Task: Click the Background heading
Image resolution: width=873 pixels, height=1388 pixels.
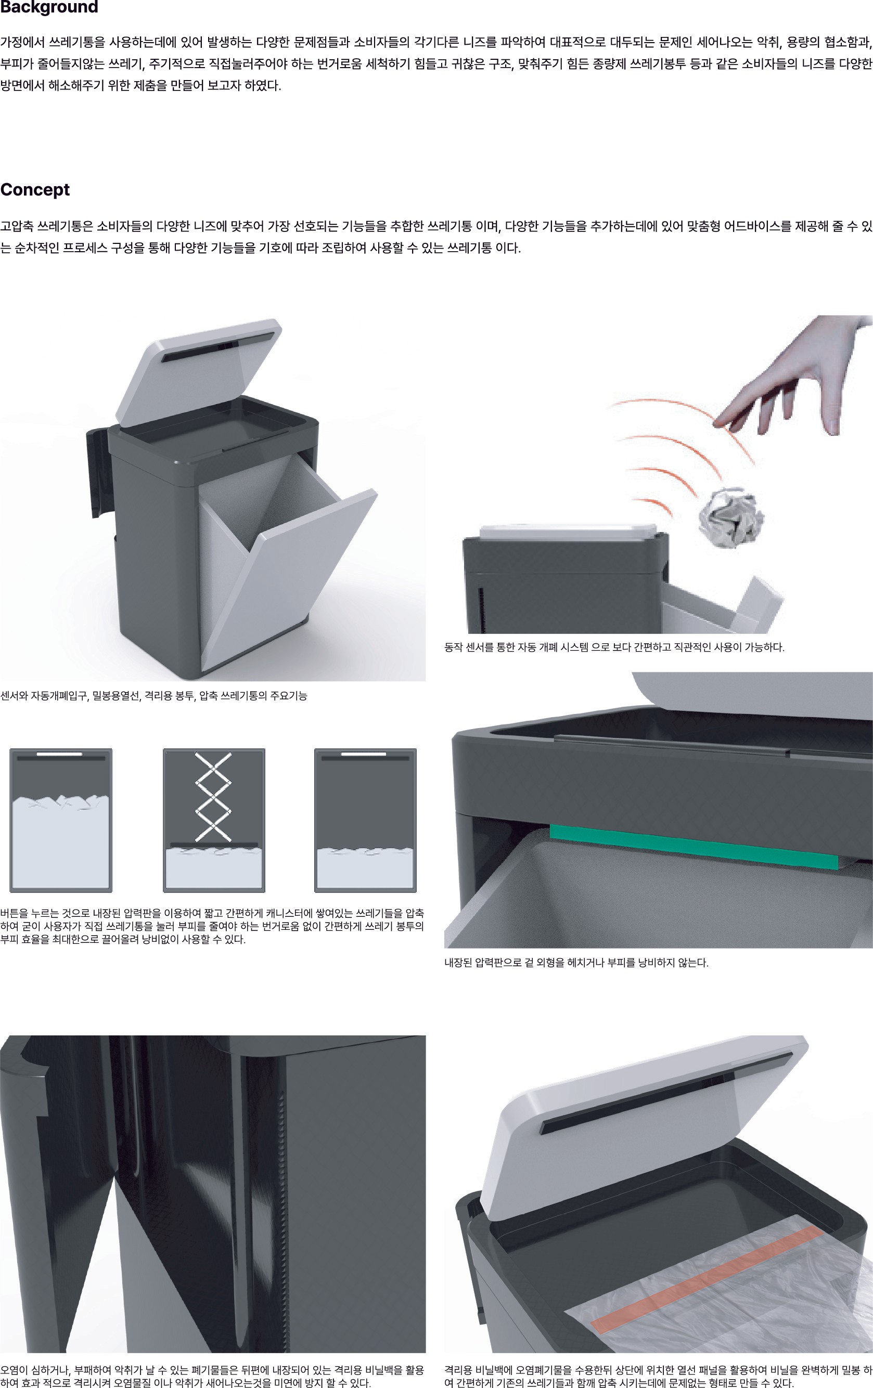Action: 49,7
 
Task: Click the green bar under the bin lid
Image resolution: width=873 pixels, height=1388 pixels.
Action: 694,846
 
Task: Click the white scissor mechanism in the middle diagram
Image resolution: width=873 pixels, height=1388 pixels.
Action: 213,797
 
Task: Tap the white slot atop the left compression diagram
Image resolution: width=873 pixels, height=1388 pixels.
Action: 59,754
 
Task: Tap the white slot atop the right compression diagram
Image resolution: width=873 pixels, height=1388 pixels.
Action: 363,754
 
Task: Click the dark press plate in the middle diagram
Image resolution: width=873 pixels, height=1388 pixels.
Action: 214,845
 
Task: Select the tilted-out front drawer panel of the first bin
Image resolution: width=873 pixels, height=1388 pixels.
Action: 288,579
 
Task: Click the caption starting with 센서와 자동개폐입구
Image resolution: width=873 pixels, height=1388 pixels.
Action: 153,696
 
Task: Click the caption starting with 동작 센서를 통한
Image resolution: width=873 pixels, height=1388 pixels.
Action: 614,647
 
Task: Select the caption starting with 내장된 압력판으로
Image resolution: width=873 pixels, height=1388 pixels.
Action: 576,963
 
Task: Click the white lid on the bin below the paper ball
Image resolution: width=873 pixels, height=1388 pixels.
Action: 569,531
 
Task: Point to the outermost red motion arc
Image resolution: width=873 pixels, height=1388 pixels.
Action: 681,430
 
